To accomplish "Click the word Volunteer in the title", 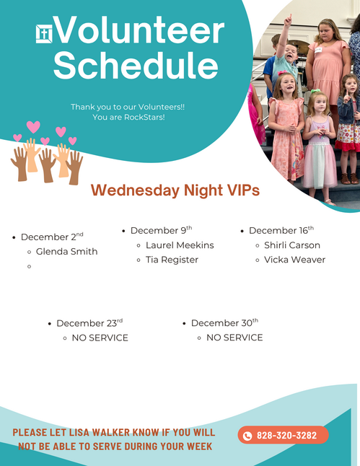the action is point(139,30).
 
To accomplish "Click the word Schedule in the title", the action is point(136,65).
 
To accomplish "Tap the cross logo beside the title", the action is point(44,34).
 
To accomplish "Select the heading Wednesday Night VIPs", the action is point(175,190).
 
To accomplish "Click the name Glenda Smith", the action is point(66,252).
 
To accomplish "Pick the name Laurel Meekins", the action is point(180,245).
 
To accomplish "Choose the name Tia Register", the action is point(172,260).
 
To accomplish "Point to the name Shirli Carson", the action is point(292,245).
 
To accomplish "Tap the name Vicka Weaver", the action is point(294,260).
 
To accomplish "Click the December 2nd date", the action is point(52,237).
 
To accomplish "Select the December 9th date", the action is point(161,230).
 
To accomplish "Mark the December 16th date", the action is point(281,230).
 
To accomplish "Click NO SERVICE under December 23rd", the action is point(100,338).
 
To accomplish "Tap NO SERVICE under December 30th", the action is point(234,338).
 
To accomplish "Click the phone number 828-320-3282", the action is point(286,436).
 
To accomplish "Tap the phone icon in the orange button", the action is point(247,436).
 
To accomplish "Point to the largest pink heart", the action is point(33,127).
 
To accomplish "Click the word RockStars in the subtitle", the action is point(144,117).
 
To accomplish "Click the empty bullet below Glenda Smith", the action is point(29,266).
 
